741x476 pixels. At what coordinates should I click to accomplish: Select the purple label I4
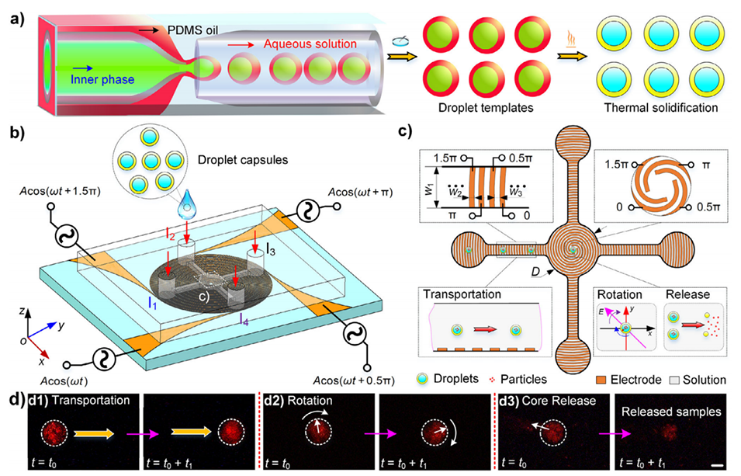coord(244,317)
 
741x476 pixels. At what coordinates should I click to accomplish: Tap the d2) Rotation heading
coord(307,404)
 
